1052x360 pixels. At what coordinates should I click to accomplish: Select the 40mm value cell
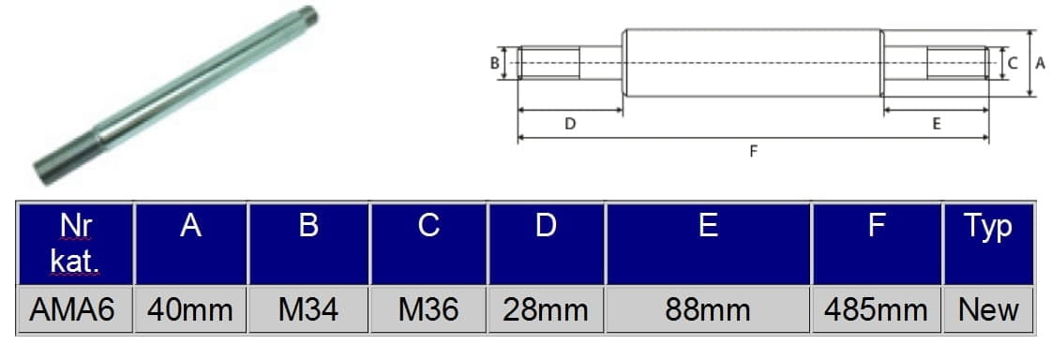pos(190,309)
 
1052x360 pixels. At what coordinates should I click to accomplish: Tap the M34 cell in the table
pos(308,309)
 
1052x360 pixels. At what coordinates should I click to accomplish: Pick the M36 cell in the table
pos(428,309)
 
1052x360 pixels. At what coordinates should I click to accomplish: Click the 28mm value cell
pos(546,309)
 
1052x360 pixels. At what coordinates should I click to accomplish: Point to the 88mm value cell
pos(709,309)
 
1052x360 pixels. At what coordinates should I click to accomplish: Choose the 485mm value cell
pos(877,309)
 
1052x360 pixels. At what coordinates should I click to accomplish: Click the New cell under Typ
pos(988,309)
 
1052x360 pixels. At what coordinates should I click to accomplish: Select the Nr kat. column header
pos(75,245)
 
